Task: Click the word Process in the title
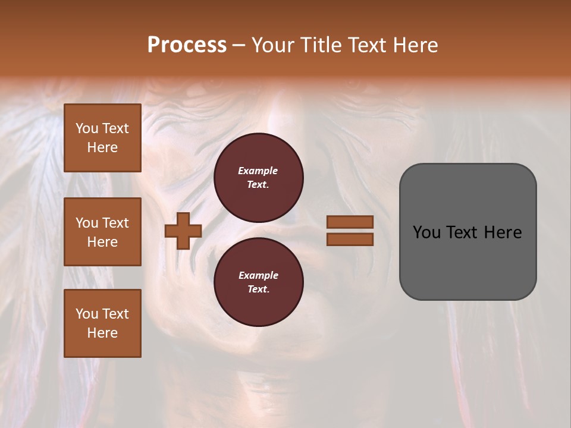187,45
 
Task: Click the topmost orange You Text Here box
102,138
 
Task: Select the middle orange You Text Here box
102,232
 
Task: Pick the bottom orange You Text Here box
102,323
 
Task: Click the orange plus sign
183,231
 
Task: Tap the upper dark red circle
259,178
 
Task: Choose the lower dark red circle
259,282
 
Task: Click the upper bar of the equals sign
350,222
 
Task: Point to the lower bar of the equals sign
350,239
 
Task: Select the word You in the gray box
426,232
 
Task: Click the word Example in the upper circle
258,171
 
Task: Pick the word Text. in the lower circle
258,289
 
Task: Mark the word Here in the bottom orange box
102,333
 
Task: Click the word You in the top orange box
87,128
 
